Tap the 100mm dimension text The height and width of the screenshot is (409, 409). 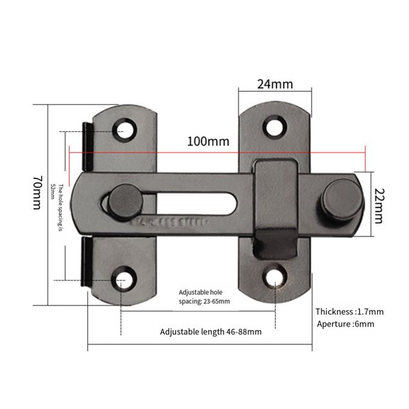pos(208,141)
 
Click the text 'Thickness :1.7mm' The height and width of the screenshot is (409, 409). pos(349,311)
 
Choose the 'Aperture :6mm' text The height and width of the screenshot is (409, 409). pos(344,324)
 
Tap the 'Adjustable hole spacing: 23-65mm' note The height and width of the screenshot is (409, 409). pos(204,296)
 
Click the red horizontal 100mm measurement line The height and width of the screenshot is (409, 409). pos(298,153)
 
